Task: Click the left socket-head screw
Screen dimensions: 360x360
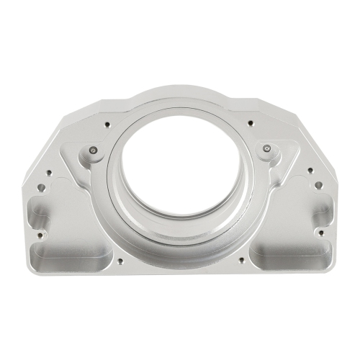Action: coord(93,150)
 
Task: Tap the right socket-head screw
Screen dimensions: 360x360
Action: coord(267,149)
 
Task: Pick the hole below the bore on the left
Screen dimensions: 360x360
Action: coord(120,260)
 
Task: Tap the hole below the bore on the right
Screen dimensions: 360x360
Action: coord(240,260)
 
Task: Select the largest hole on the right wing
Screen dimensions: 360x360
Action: coord(318,186)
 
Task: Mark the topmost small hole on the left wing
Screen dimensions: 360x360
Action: coord(50,171)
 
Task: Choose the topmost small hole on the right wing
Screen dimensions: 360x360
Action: coord(310,171)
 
